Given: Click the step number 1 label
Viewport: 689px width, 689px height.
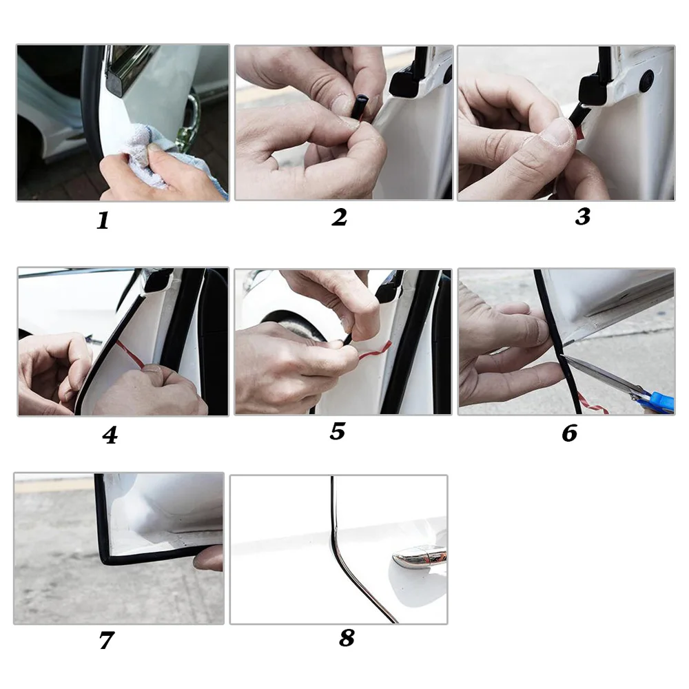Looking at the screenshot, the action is click(103, 220).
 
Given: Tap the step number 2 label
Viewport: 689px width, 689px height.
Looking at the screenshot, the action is click(339, 217).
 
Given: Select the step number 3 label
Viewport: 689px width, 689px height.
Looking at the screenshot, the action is click(583, 216).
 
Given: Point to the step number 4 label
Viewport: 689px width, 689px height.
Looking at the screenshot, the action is click(110, 435).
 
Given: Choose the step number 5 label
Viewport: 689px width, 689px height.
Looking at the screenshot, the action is click(338, 431).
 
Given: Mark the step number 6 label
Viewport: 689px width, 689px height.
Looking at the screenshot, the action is click(570, 433).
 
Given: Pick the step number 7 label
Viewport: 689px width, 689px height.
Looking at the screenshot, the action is click(106, 640).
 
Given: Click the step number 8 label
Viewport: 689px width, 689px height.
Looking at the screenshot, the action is click(347, 637).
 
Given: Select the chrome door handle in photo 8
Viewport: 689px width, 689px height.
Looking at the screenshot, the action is click(419, 556).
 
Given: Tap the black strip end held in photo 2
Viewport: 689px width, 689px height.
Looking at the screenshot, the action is click(360, 106).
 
